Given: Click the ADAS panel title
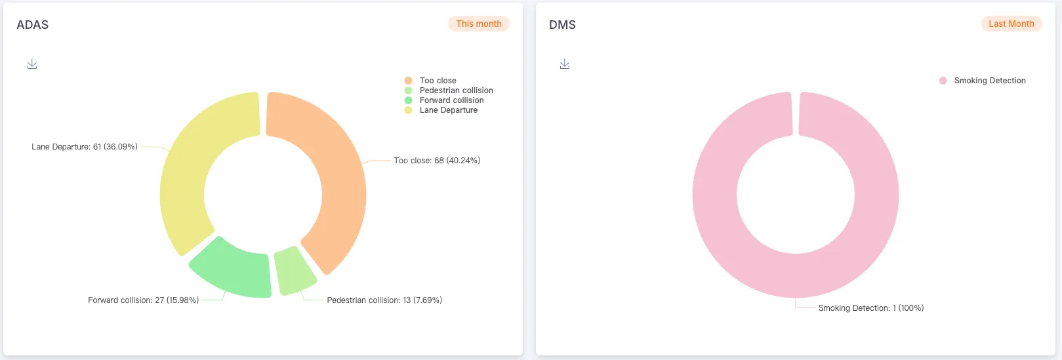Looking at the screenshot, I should coord(33,25).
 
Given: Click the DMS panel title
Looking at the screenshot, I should coord(562,25).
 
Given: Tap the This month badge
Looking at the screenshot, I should coord(479,24).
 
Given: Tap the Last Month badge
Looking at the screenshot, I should coord(1011,24).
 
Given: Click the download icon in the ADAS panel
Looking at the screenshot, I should coord(32,64).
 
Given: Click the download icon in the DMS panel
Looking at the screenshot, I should coord(565,64).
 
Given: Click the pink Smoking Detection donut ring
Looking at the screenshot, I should coord(715,197).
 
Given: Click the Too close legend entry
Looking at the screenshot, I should coord(438,81).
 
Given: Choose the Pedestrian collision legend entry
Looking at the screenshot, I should coord(456,90).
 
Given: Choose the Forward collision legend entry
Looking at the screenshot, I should coord(451,100).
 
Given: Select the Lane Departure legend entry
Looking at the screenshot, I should coord(448,110).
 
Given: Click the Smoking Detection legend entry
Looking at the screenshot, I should coord(989,81).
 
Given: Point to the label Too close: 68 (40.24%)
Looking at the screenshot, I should coord(437,161).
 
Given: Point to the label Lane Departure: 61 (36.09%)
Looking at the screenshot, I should coord(85,147).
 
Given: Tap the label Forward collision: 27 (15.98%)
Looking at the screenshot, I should coord(144,300).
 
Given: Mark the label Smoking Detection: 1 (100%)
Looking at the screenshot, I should coord(870,308).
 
